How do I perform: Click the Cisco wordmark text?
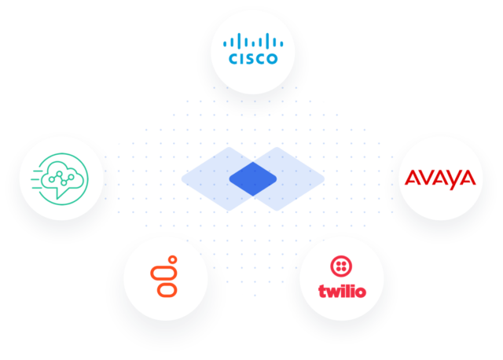tap(253, 59)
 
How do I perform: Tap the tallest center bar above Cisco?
tap(253, 41)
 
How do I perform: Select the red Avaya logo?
tap(440, 179)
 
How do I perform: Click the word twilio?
tap(342, 292)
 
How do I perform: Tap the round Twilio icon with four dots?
tap(341, 266)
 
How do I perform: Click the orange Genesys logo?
tap(164, 276)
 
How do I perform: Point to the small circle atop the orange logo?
tap(173, 259)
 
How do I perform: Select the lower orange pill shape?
tap(167, 290)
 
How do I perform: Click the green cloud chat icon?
tap(60, 178)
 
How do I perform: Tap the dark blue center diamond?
tap(253, 179)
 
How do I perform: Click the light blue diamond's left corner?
tap(182, 179)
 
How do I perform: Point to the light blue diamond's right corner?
tap(325, 179)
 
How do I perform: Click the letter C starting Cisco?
tap(233, 59)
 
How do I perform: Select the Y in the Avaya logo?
tap(453, 180)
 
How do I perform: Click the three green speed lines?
tap(37, 179)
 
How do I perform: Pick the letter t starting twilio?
tap(321, 292)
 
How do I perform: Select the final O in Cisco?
tap(271, 59)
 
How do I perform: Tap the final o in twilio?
tap(360, 292)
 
